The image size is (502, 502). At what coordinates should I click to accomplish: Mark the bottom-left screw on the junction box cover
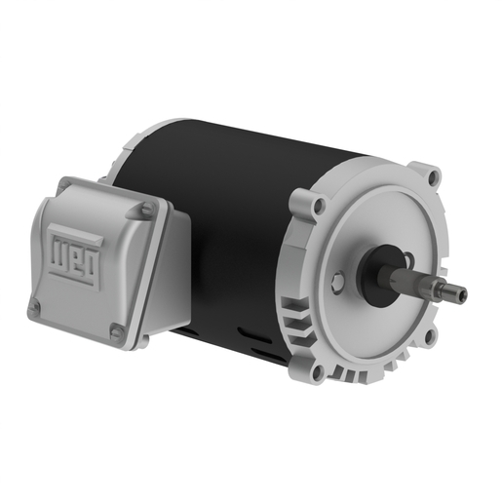35,308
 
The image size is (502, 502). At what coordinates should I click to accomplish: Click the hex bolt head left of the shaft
336,283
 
